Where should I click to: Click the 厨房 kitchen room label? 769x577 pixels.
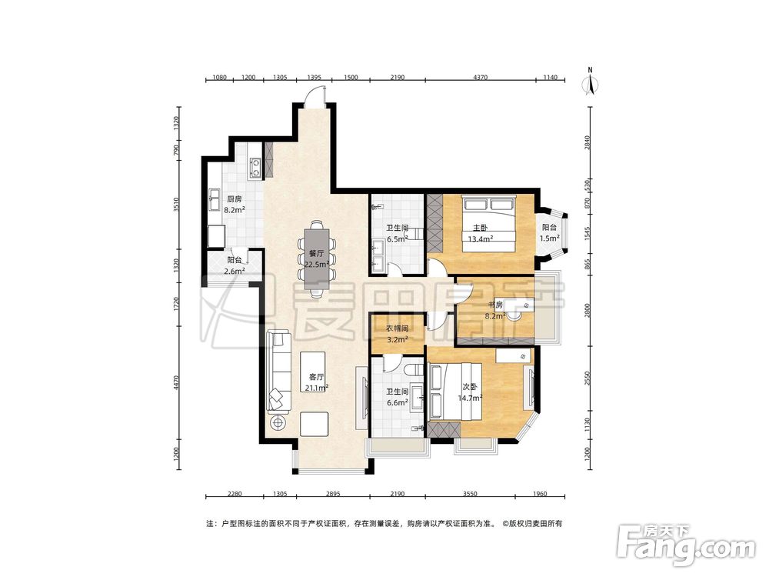coord(234,200)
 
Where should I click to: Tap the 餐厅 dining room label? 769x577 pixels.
coord(316,254)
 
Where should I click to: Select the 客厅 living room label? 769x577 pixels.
coord(316,377)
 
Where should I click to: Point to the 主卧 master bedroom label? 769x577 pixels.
coord(480,228)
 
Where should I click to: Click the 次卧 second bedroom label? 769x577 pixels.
coord(469,387)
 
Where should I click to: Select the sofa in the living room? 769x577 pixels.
coord(278,372)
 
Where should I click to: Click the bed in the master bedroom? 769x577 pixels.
coord(488,224)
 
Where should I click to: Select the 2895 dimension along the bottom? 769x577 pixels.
coord(332,494)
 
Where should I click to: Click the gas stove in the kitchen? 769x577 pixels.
coord(255,166)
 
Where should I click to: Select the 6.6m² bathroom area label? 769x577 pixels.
coord(398,403)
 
